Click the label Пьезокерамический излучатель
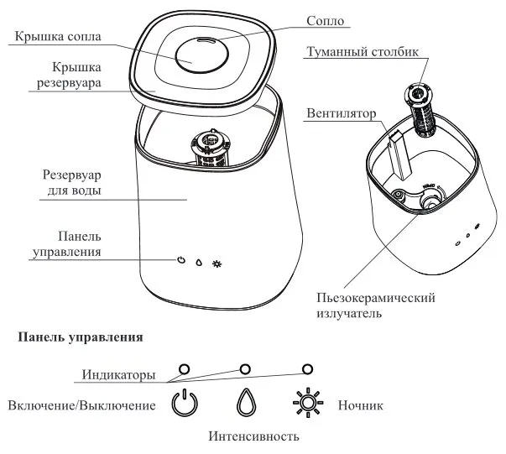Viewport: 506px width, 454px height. click(x=378, y=305)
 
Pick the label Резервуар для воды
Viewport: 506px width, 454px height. click(x=71, y=184)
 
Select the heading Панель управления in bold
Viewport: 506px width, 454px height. click(x=81, y=339)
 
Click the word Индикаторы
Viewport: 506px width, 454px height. click(x=118, y=374)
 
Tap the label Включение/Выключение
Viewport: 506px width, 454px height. click(x=81, y=405)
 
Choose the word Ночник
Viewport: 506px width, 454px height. click(x=360, y=406)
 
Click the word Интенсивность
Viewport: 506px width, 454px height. click(x=253, y=436)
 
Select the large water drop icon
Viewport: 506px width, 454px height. click(x=245, y=404)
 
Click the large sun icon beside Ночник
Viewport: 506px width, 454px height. click(x=307, y=404)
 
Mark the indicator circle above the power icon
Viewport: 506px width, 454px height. click(x=185, y=368)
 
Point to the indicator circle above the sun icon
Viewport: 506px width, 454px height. click(x=307, y=368)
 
